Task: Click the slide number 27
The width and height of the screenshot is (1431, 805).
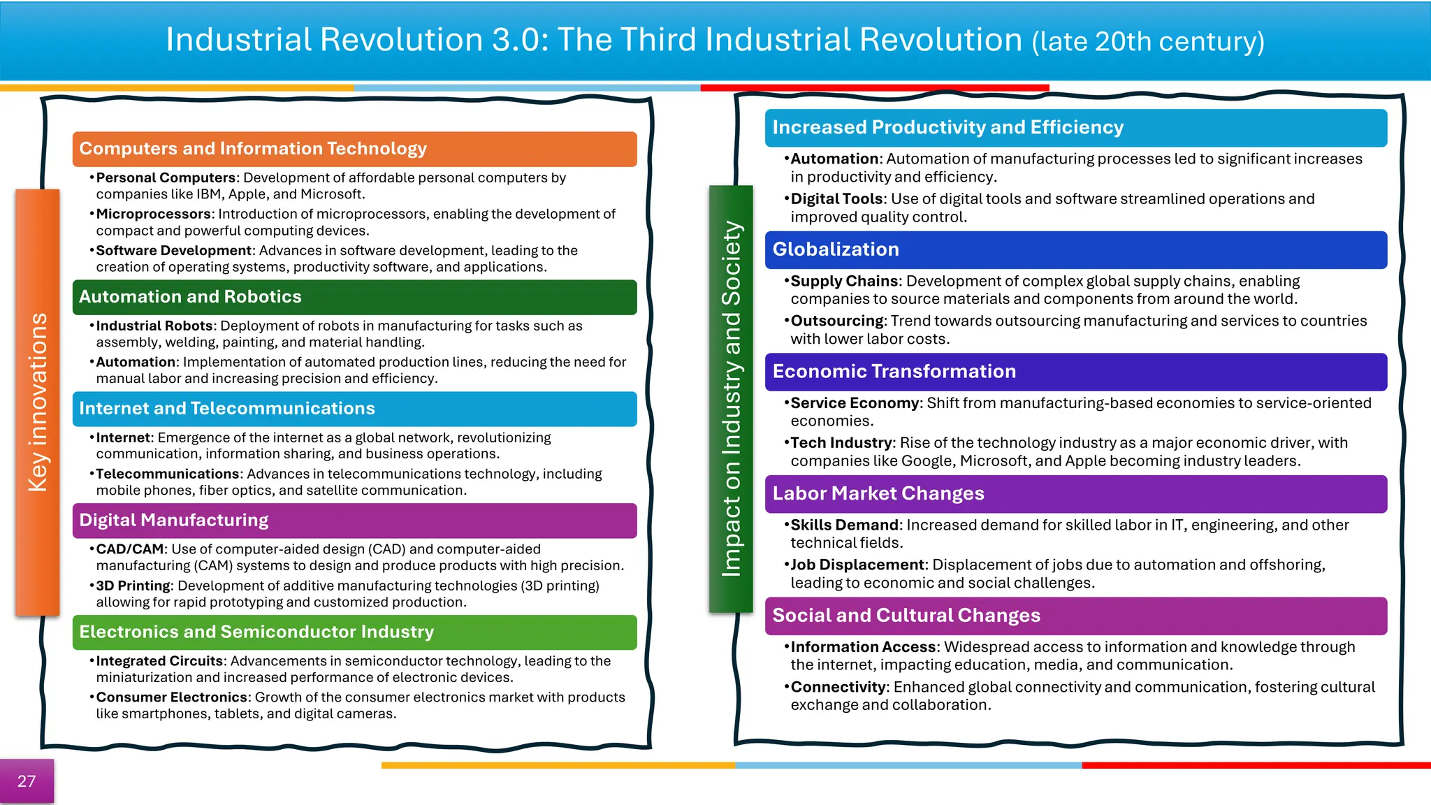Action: (27, 781)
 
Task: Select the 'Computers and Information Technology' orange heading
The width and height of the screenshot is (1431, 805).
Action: (253, 149)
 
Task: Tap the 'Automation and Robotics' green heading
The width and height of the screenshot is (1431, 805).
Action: (190, 297)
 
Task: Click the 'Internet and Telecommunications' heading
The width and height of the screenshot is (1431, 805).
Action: (227, 409)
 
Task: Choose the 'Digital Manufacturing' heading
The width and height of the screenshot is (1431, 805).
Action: (174, 521)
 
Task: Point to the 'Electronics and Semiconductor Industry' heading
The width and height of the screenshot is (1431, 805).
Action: (256, 632)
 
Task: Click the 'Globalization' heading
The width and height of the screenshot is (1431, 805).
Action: (836, 249)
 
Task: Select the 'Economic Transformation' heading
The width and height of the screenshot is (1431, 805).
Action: (894, 372)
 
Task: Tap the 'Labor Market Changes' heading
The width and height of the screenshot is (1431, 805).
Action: (878, 493)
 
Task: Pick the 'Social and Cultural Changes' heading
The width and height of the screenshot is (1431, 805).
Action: (906, 616)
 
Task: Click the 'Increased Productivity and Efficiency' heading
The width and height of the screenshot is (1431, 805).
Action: (948, 128)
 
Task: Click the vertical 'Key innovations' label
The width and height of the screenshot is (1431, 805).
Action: (38, 402)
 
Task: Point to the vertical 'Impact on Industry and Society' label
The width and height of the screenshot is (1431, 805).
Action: (731, 398)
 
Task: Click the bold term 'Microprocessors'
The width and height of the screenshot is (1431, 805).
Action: (154, 214)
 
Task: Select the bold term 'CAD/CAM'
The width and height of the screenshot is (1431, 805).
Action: (130, 549)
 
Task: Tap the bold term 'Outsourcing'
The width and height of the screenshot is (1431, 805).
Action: (837, 321)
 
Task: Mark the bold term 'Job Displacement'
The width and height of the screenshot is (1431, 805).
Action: (857, 565)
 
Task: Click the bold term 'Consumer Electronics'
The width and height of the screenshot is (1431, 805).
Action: (172, 697)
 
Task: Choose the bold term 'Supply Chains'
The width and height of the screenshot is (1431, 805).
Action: (845, 281)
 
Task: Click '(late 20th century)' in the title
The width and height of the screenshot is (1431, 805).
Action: (1148, 42)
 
